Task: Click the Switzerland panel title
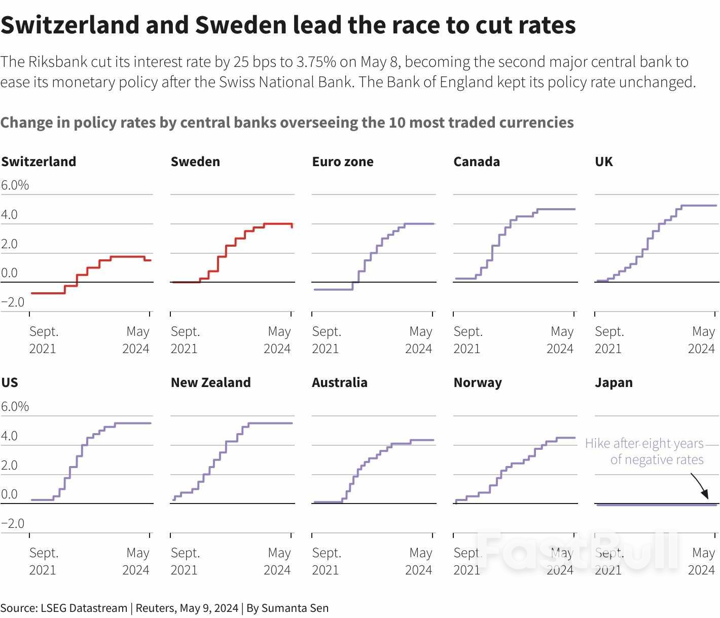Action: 39,162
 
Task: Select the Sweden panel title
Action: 195,162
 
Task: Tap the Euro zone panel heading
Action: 343,162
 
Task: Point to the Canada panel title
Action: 477,162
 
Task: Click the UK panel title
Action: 604,162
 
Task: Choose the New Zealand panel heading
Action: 210,382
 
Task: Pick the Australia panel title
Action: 340,382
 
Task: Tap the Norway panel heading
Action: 478,382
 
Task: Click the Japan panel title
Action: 614,382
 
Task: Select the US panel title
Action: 10,382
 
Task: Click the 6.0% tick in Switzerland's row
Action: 15,185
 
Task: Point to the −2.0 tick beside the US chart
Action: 13,523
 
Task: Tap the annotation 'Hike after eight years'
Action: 644,444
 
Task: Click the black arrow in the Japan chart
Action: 700,486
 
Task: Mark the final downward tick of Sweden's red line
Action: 292,226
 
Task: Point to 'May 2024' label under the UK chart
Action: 702,340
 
